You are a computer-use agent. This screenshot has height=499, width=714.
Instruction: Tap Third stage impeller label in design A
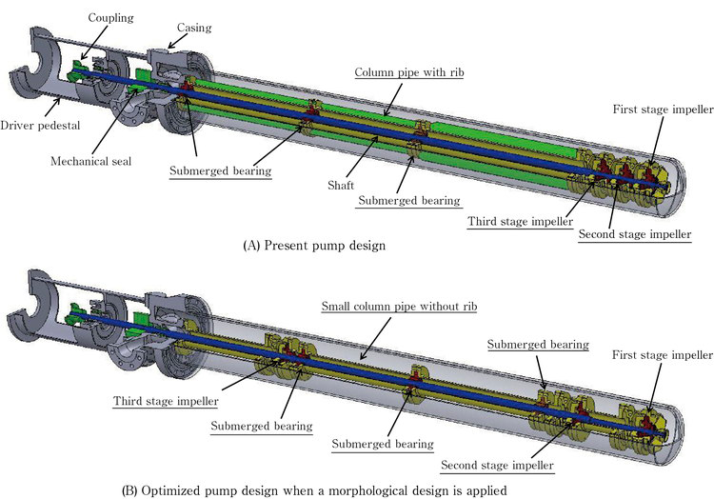click(515, 222)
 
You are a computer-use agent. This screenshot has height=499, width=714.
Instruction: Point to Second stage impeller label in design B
click(497, 467)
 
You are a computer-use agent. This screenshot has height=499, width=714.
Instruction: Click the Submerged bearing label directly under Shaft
click(408, 201)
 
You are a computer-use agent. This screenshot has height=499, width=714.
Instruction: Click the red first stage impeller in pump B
click(647, 421)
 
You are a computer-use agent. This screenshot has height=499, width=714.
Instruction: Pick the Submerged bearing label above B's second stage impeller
click(538, 344)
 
